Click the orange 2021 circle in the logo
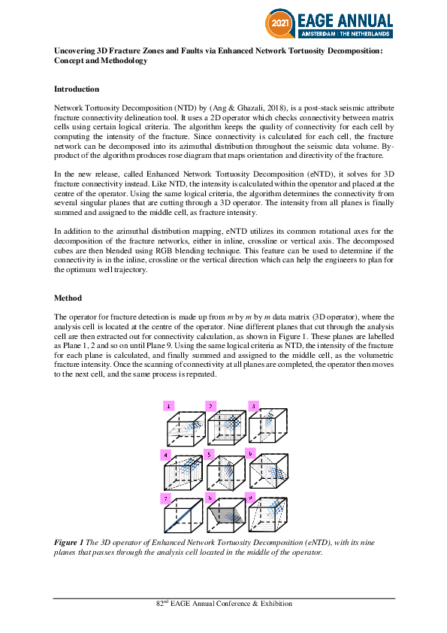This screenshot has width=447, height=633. (x=276, y=24)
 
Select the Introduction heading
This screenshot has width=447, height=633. (x=76, y=89)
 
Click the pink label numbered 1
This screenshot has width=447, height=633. (x=169, y=406)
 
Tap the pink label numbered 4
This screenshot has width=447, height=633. (x=165, y=455)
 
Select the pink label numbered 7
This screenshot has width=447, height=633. (x=165, y=498)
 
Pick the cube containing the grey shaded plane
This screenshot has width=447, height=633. (x=225, y=518)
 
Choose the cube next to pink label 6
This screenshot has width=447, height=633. (x=268, y=473)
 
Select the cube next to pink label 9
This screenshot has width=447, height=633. (x=268, y=518)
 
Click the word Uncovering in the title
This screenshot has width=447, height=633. (x=74, y=50)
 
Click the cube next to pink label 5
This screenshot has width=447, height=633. (x=225, y=473)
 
